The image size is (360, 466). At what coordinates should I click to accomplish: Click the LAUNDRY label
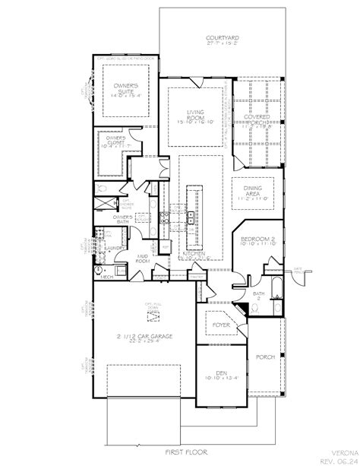115,247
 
